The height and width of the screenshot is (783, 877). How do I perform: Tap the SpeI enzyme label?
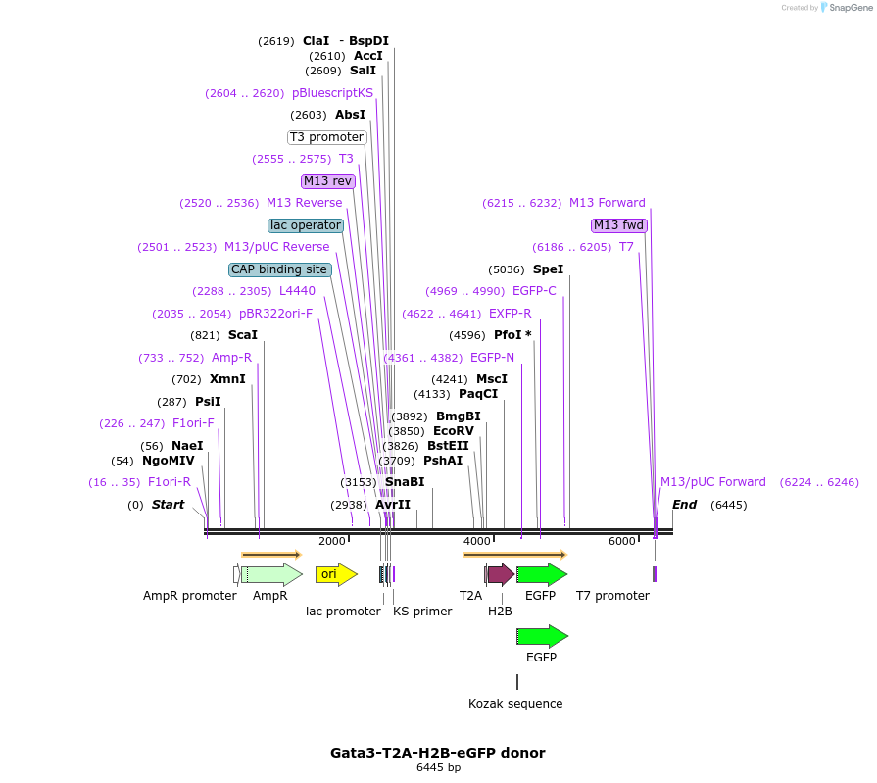548,269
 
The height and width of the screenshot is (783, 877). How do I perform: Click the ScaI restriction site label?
243,335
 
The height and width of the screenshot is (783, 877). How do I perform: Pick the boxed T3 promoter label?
327,137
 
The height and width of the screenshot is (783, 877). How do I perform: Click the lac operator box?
306,225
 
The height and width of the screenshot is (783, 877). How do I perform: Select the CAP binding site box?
279,269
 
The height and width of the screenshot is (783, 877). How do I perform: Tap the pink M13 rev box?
327,181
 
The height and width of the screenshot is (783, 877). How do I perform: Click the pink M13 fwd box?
619,225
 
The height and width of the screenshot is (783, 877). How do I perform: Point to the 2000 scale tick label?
332,541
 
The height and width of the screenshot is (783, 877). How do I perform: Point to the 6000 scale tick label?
622,541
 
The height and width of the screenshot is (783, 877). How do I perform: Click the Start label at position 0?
168,505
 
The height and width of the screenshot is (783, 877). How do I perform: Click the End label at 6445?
684,505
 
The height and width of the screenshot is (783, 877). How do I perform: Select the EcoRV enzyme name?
453,431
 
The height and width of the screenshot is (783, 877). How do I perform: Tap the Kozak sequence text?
515,704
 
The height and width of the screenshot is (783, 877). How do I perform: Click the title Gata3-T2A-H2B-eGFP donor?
438,753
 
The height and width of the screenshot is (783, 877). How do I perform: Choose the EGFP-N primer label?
492,358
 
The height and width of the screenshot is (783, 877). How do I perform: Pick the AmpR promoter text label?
189,596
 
